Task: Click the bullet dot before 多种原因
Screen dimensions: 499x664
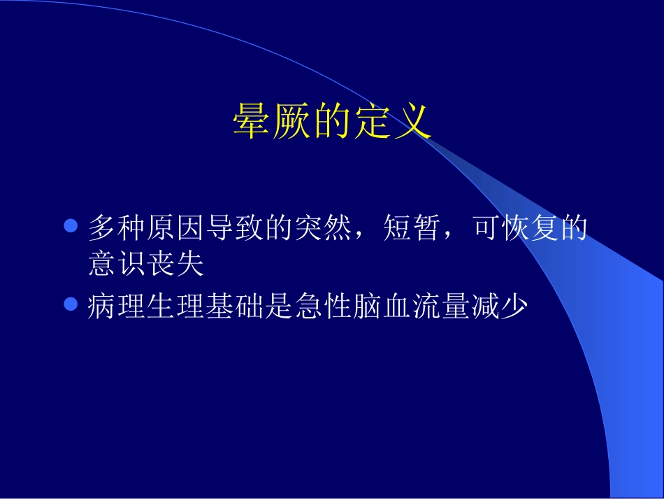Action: coord(69,227)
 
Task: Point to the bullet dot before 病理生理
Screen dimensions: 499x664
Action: coord(69,304)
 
